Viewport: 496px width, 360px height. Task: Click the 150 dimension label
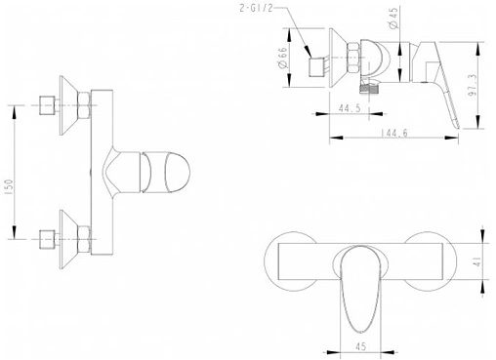click(10, 187)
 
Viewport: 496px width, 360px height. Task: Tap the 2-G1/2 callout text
click(256, 8)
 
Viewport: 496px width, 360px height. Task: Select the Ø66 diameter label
click(283, 58)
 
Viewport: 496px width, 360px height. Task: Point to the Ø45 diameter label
click(393, 18)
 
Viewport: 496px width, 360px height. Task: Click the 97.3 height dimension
click(473, 85)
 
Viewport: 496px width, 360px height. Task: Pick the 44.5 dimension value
click(350, 107)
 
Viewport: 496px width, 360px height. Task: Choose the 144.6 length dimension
click(393, 133)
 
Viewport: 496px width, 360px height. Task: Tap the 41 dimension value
click(477, 260)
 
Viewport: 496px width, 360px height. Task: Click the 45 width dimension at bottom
click(360, 346)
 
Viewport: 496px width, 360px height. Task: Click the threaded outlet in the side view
click(369, 88)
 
